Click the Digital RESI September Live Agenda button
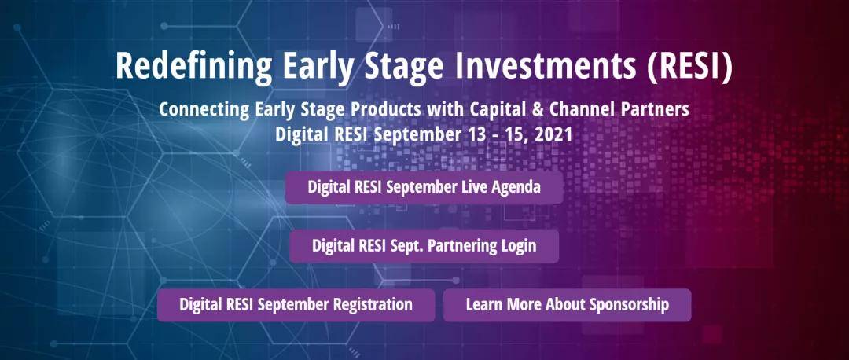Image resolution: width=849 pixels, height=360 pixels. pyautogui.click(x=424, y=187)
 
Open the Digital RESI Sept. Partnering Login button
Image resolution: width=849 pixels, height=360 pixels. pyautogui.click(x=424, y=246)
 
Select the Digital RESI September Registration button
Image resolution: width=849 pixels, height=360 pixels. pyautogui.click(x=296, y=305)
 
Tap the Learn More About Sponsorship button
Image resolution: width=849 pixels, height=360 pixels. pyautogui.click(x=567, y=305)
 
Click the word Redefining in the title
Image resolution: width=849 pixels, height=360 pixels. pyautogui.click(x=193, y=67)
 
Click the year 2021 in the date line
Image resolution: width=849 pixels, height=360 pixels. pyautogui.click(x=553, y=134)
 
